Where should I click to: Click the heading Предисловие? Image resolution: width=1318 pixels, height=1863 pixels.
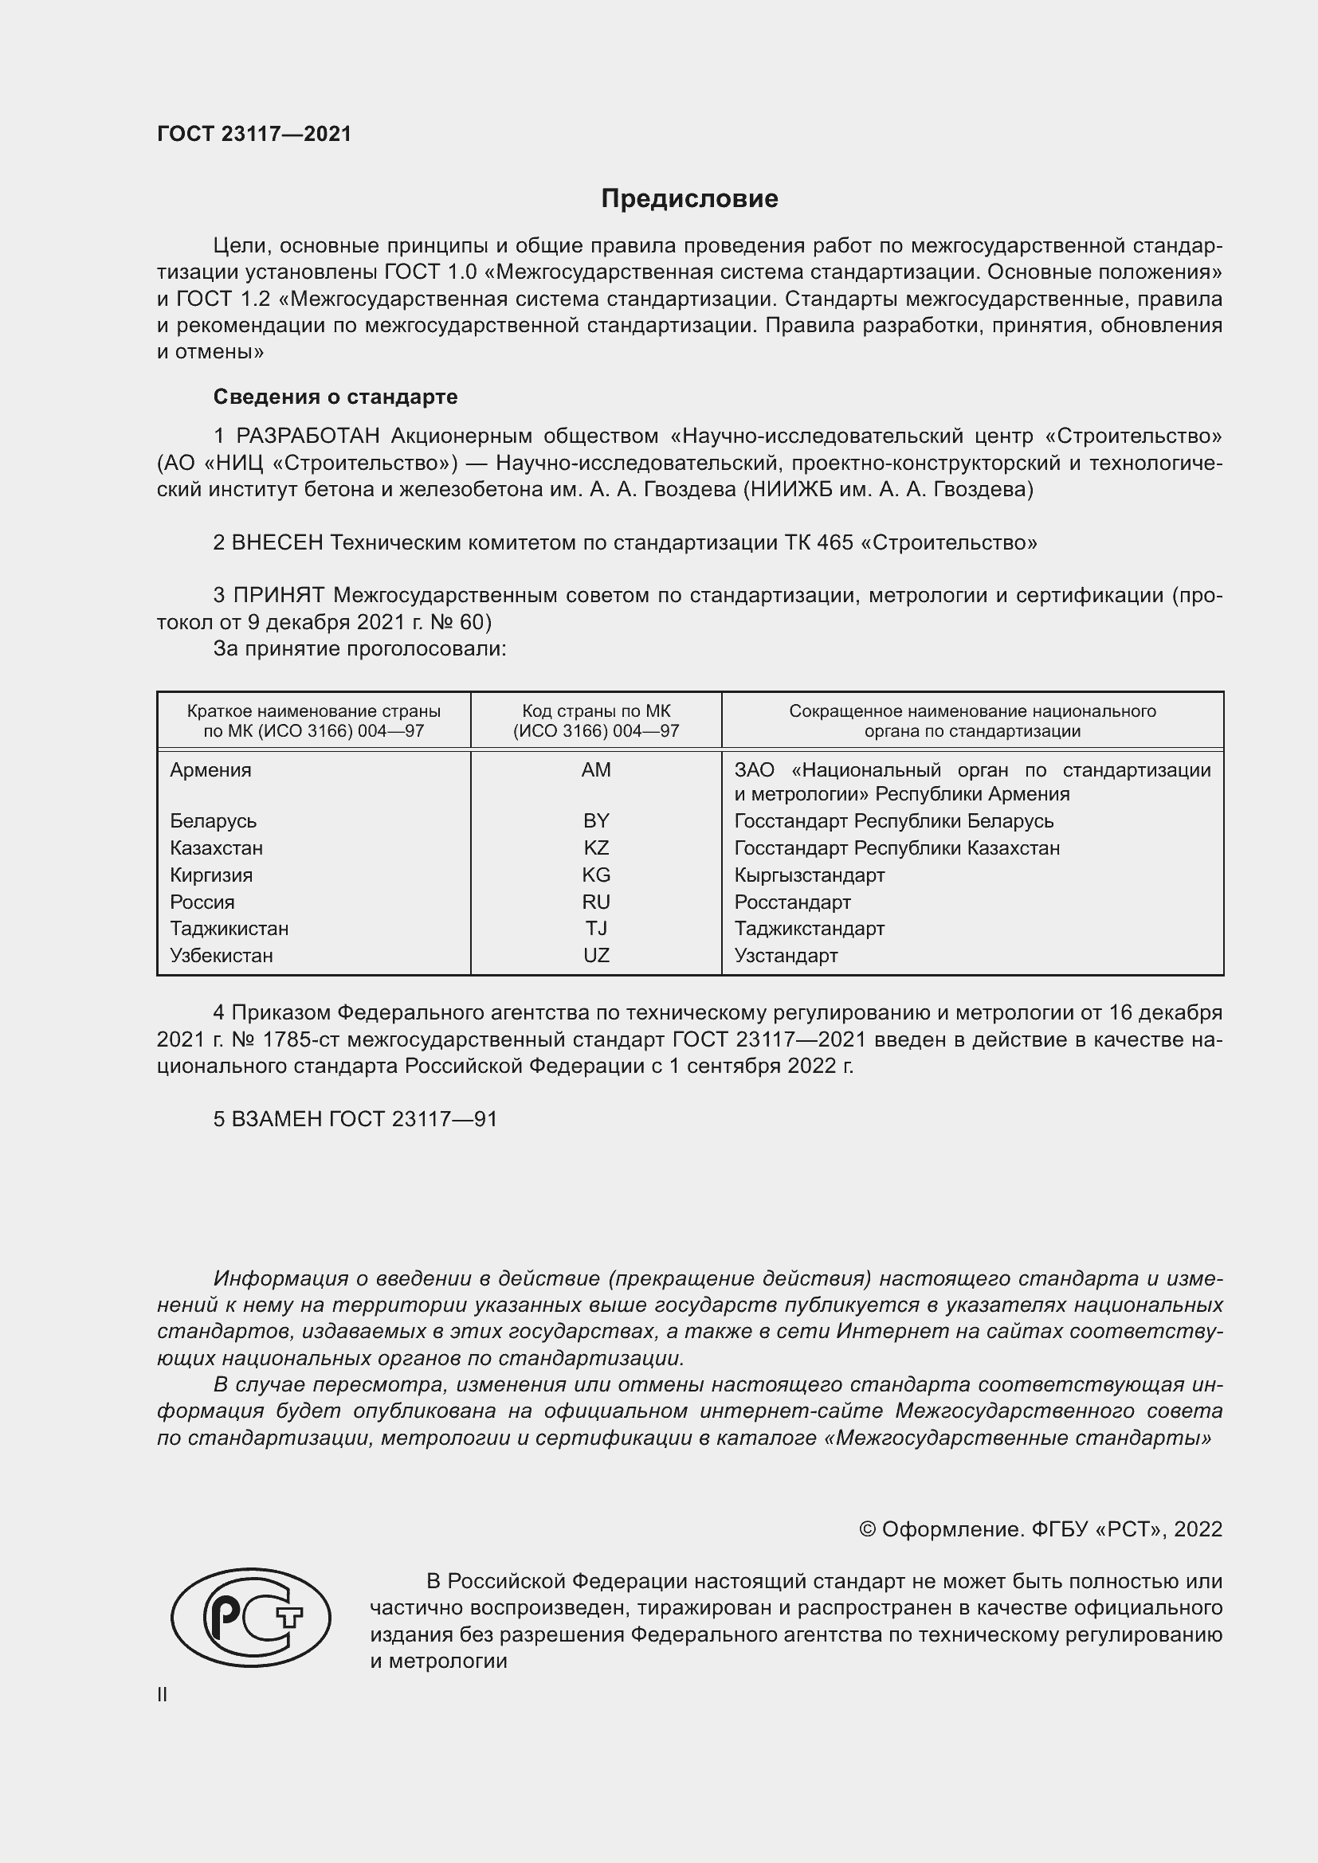coord(689,199)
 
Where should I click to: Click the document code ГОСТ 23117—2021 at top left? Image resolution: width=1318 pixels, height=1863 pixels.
coord(254,134)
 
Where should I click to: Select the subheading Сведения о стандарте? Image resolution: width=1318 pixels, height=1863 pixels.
coord(335,397)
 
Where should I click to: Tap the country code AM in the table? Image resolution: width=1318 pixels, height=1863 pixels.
coord(596,770)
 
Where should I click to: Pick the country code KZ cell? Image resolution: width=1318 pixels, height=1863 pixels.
coord(596,848)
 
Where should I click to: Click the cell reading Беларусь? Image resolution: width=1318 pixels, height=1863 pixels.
coord(213,821)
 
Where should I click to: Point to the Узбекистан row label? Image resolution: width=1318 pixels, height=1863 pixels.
coord(221,955)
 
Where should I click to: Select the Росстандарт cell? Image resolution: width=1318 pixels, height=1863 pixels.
coord(792,902)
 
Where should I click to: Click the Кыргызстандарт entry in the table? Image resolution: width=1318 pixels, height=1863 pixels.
coord(809,875)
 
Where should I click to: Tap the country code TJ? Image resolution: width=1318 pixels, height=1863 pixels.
coord(596,928)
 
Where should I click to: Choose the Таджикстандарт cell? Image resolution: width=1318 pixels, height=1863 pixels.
coord(809,928)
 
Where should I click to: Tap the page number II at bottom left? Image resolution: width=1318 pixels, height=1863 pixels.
coord(163,1694)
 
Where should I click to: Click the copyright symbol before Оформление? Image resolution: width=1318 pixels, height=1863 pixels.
coord(867,1529)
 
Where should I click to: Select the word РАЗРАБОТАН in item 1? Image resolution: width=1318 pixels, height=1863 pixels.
coord(308,436)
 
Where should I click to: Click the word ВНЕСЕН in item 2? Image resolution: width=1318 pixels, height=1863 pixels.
coord(277,543)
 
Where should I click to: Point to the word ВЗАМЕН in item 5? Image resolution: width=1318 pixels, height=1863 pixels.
coord(277,1119)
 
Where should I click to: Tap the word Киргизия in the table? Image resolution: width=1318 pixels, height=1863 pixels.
coord(211,875)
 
